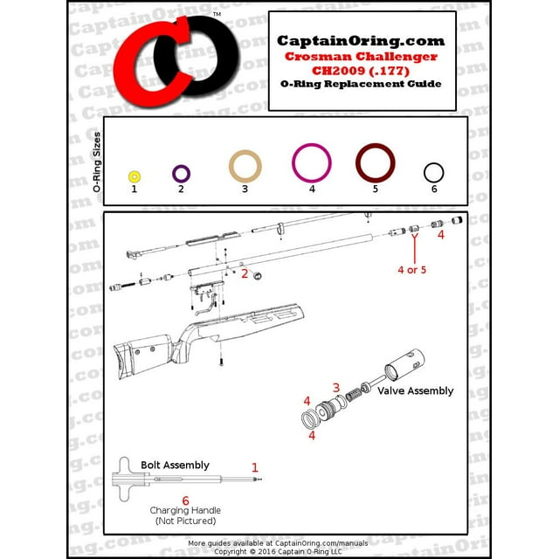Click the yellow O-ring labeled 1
coord(135,176)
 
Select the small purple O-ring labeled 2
coord(182,174)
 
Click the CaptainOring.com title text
coord(361,41)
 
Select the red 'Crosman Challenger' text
coord(361,56)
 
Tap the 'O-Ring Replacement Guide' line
coord(361,84)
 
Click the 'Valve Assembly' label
coord(415,391)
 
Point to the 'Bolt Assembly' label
coord(175,465)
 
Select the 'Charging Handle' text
coord(185,510)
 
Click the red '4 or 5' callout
coord(411,270)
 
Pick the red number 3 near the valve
coord(335,387)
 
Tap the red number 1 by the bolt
coord(255,468)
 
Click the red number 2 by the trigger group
coord(245,273)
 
